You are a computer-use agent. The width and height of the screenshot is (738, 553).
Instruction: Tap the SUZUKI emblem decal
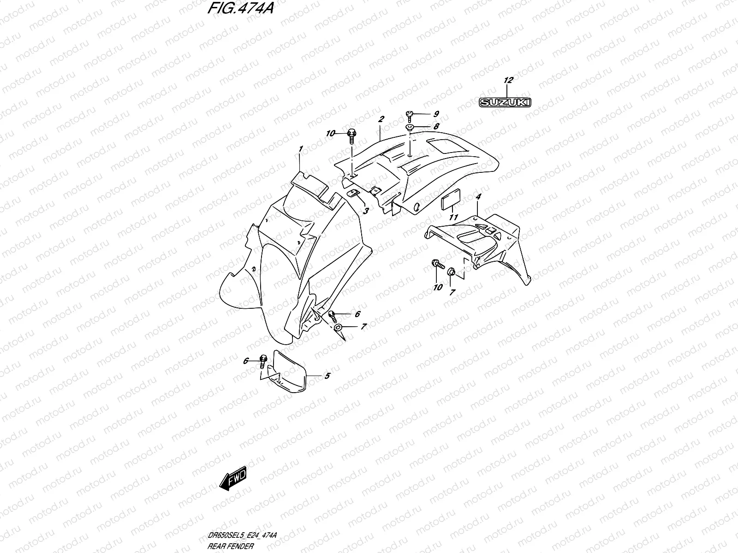click(505, 102)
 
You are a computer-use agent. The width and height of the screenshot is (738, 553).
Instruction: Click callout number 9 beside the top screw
click(436, 114)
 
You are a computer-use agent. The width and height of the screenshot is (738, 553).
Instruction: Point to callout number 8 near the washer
click(436, 126)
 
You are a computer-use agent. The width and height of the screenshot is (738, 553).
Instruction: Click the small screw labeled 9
click(409, 114)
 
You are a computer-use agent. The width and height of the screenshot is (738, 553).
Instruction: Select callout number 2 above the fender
click(381, 119)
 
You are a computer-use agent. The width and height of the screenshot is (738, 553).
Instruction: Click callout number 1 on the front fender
click(300, 149)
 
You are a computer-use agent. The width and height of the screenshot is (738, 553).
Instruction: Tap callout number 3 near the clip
click(365, 211)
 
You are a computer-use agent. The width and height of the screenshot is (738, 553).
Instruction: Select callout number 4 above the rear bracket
click(478, 197)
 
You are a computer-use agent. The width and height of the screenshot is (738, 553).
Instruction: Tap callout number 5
click(327, 376)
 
